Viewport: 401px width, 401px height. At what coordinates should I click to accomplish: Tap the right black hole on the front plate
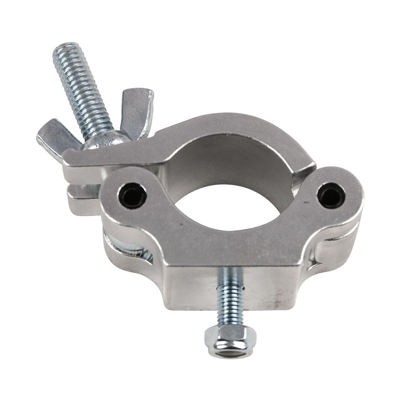pyautogui.click(x=331, y=195)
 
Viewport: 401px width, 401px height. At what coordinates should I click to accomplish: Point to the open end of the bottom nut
pyautogui.click(x=230, y=351)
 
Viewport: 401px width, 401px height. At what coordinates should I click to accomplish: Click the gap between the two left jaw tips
pyautogui.click(x=80, y=188)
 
